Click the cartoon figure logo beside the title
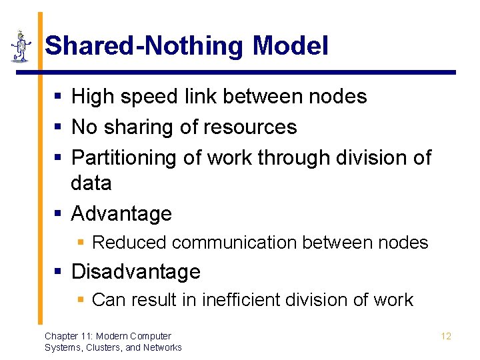pyautogui.click(x=21, y=45)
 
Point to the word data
pyautogui.click(x=91, y=183)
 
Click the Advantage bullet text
pyautogui.click(x=121, y=214)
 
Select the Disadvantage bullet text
pyautogui.click(x=135, y=272)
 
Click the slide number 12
pyautogui.click(x=446, y=336)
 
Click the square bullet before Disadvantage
pyautogui.click(x=59, y=272)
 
